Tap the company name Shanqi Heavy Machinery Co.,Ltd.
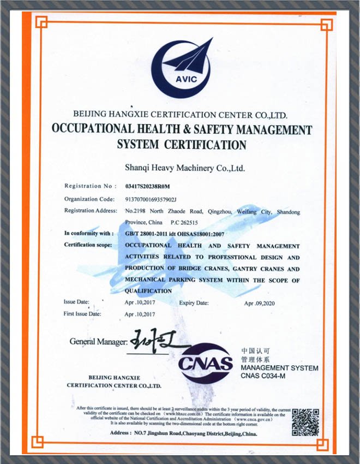pyautogui.click(x=185, y=168)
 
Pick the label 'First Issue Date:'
pyautogui.click(x=82, y=314)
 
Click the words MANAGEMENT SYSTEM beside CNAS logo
pyautogui.click(x=279, y=368)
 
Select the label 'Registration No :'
pyautogui.click(x=91, y=187)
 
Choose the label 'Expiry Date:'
pyautogui.click(x=194, y=303)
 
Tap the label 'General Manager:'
pyautogui.click(x=98, y=342)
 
